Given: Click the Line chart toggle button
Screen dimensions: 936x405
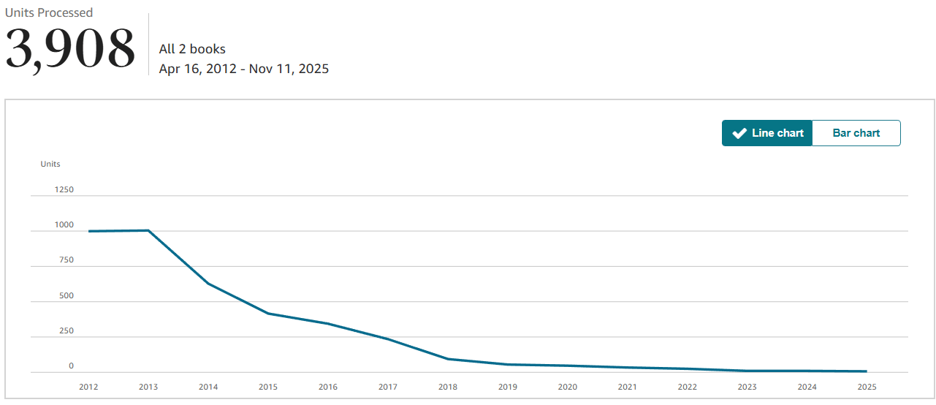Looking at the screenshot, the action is (x=766, y=133).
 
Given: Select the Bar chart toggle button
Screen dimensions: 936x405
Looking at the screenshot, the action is (x=856, y=133).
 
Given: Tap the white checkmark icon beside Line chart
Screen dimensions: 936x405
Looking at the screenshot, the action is (x=739, y=133).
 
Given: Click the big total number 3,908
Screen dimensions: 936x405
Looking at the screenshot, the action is (x=70, y=49).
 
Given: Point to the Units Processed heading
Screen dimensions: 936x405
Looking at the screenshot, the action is (x=49, y=12).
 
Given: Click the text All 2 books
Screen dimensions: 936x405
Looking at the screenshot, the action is (x=192, y=49).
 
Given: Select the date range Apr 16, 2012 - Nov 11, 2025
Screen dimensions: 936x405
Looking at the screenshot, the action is (x=244, y=69).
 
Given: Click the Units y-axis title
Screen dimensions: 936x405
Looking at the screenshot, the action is (x=50, y=164).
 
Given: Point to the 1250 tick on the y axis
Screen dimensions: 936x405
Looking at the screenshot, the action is (x=64, y=189).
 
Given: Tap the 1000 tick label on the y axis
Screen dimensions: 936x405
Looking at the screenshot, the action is (x=64, y=224).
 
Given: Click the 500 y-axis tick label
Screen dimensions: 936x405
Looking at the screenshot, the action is (x=66, y=295).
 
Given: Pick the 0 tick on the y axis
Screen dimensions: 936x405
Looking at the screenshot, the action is (x=72, y=366).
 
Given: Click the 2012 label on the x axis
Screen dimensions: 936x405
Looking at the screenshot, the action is (x=88, y=387).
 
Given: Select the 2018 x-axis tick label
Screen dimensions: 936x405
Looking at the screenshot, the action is (x=448, y=387).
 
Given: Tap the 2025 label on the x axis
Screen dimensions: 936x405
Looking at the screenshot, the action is (x=867, y=387).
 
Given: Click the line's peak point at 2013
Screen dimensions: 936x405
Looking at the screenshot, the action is (x=148, y=230).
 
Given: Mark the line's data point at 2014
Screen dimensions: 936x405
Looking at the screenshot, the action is (x=208, y=284).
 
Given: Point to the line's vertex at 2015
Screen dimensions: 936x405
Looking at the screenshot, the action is (x=268, y=314).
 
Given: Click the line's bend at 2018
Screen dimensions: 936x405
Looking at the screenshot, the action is (x=448, y=359).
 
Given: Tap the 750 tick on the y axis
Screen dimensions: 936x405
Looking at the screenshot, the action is (x=66, y=260).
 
